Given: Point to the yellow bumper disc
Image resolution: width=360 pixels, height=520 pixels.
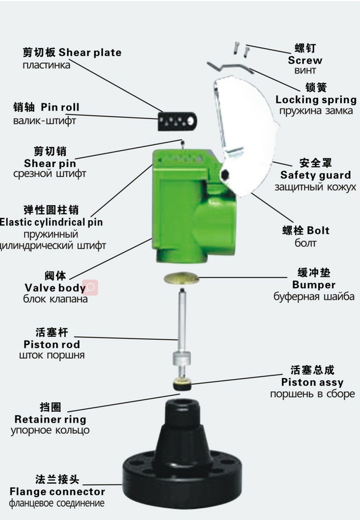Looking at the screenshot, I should pos(181,278).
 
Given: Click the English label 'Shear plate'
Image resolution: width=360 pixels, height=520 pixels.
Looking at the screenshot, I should pos(90,52).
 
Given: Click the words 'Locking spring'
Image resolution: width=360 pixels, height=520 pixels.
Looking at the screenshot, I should pos(316,100).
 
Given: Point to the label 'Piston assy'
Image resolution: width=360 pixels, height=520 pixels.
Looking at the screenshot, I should pos(312,382).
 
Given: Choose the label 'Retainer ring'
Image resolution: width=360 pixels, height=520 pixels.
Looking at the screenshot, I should pos(50,419).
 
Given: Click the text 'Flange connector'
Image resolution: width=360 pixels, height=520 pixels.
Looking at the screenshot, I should pos(57,492).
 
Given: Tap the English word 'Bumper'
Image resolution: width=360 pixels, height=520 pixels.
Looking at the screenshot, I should pos(313,285).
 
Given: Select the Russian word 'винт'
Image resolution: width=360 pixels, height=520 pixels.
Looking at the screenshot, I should pos(305,71).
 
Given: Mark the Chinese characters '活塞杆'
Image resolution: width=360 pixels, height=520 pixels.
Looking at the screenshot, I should pos(51,333).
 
